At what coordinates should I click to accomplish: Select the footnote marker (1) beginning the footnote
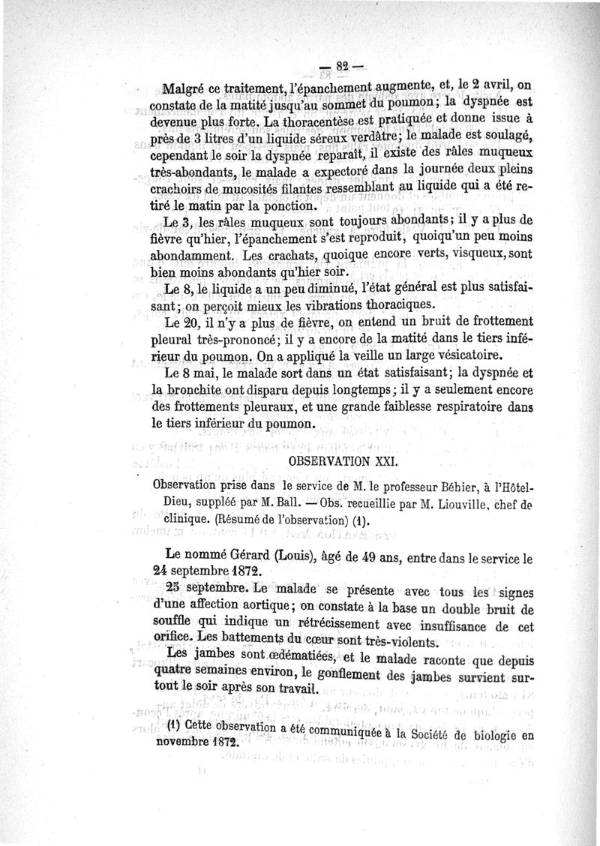tap(174, 733)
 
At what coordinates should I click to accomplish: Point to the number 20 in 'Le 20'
tap(193, 321)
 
